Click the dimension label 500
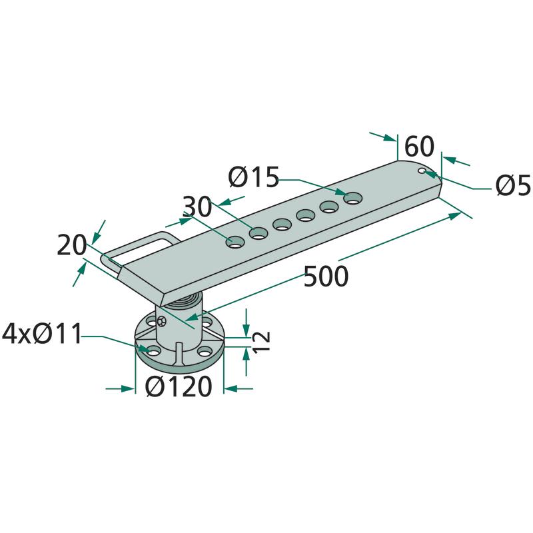tap(326, 276)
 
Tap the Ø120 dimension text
tap(179, 387)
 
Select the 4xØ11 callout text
tap(42, 334)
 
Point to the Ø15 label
tap(254, 177)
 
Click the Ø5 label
tap(513, 185)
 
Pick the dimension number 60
tap(420, 146)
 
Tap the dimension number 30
tap(197, 207)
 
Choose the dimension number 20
tap(72, 245)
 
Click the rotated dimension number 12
tap(262, 341)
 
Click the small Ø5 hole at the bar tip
tap(422, 171)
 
